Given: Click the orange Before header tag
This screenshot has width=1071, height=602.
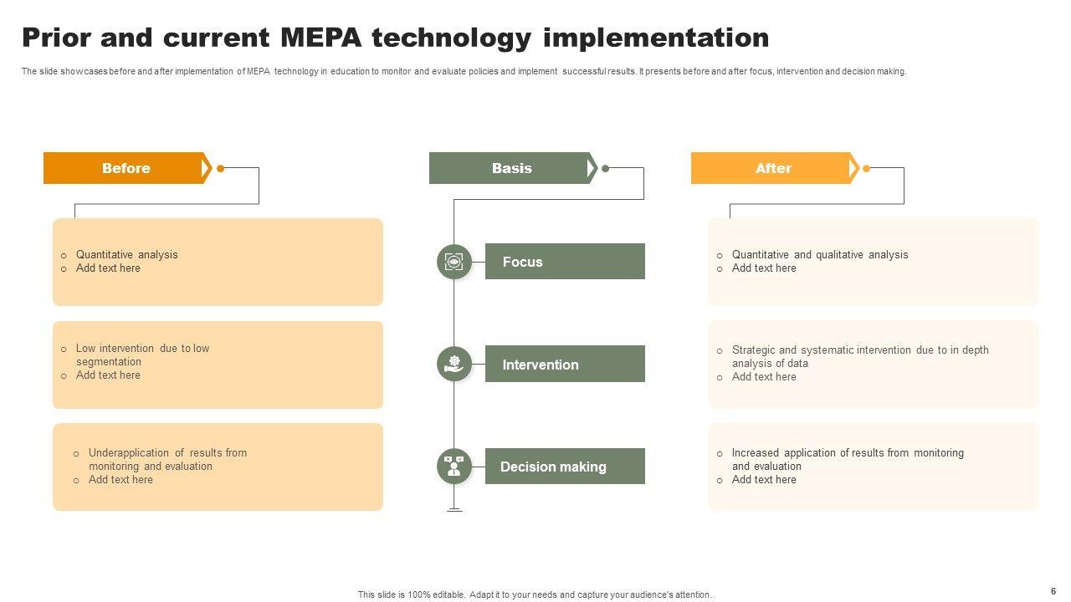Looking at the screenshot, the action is tap(126, 168).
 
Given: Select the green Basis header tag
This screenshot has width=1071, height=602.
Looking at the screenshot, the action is tap(511, 168).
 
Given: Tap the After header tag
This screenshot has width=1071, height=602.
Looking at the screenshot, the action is tap(773, 168).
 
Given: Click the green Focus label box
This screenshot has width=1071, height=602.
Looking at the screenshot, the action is tap(565, 262).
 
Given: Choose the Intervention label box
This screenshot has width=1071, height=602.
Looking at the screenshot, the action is tap(565, 365).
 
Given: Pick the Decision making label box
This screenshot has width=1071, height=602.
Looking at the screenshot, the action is tap(565, 467).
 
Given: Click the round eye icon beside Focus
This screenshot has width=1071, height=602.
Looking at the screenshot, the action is tap(454, 262).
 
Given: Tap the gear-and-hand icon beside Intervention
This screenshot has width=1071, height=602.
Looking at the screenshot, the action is tap(454, 364).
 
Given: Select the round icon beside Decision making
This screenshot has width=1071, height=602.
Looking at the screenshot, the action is tap(454, 467).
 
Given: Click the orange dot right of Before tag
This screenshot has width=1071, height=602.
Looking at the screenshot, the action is tap(221, 168).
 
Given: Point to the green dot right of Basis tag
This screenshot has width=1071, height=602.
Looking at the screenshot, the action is tap(606, 168).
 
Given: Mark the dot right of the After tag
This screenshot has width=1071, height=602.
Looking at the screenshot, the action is tap(867, 168).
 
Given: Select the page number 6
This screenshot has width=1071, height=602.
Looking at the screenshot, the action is tap(1053, 591).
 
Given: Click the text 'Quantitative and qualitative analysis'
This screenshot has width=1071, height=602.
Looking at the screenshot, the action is tap(819, 255).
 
